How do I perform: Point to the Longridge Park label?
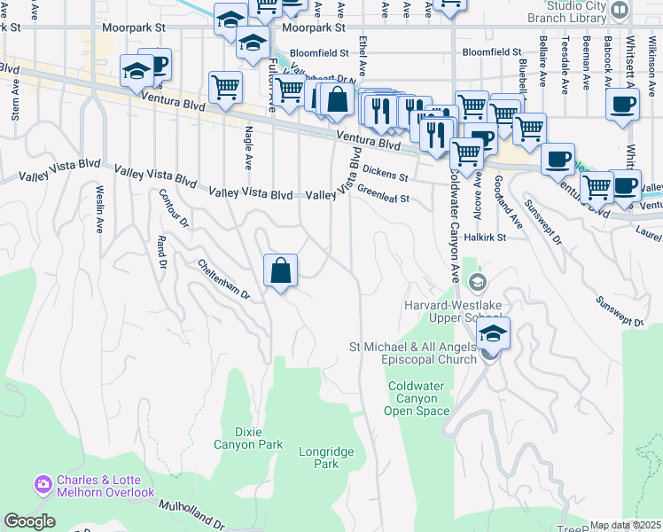(x=326, y=458)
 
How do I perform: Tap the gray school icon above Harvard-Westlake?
(x=478, y=283)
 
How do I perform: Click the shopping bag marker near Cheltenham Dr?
(x=280, y=270)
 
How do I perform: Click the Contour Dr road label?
(x=174, y=209)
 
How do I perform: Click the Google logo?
(x=29, y=521)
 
